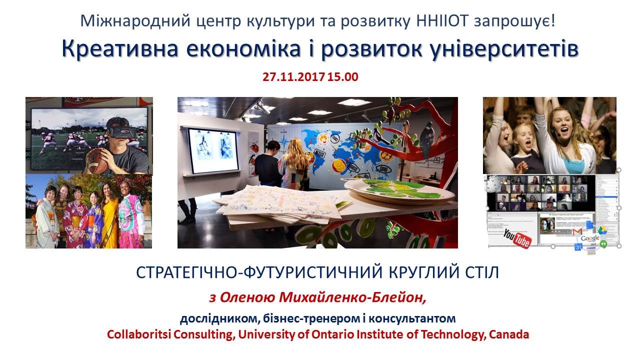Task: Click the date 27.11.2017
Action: tap(293, 77)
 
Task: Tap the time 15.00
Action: tap(343, 77)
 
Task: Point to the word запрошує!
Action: tap(515, 21)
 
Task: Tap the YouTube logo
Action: tap(517, 238)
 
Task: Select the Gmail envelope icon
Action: tap(577, 232)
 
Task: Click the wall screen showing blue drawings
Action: tap(213, 150)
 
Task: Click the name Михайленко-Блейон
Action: tap(352, 297)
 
